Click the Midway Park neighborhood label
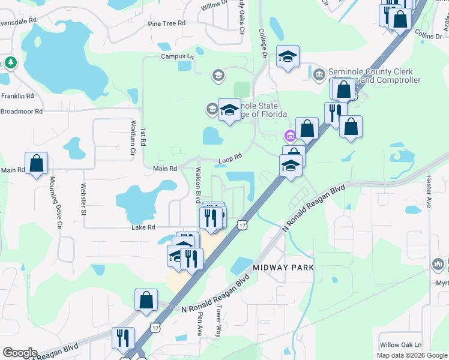(x=284, y=267)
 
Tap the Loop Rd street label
(x=230, y=158)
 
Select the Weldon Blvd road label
(x=197, y=184)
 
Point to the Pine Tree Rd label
(x=167, y=23)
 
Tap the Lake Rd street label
(x=143, y=227)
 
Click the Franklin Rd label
(x=17, y=96)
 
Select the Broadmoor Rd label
(x=22, y=111)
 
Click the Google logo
(x=20, y=353)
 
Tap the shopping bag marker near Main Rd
(x=36, y=163)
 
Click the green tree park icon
(x=10, y=63)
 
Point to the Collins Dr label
(x=427, y=37)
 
